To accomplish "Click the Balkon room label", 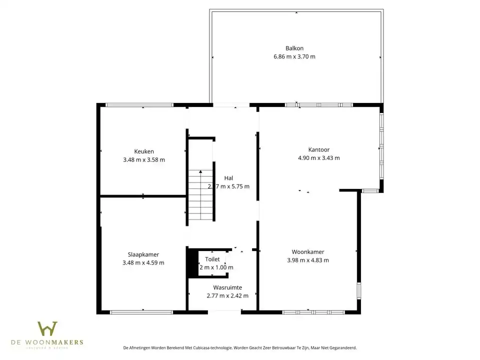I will tap(294, 48).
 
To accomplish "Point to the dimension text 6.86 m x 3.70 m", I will tap(294, 56).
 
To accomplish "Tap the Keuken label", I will tap(144, 151).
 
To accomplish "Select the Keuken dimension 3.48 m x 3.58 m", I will tap(144, 160).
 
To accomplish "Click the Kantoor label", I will tap(318, 149).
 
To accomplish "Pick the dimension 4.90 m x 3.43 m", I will tap(318, 158).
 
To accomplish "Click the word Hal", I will tap(228, 178).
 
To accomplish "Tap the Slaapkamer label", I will tap(143, 254).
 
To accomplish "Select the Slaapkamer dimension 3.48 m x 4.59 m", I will tap(143, 263).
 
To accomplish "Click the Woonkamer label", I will tap(308, 252).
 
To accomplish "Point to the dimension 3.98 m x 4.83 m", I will tap(308, 260).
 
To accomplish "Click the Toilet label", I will tap(212, 259).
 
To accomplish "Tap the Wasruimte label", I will tap(227, 287).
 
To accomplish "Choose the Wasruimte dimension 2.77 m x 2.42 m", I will tap(227, 296).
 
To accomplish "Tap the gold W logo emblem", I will tap(47, 328).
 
